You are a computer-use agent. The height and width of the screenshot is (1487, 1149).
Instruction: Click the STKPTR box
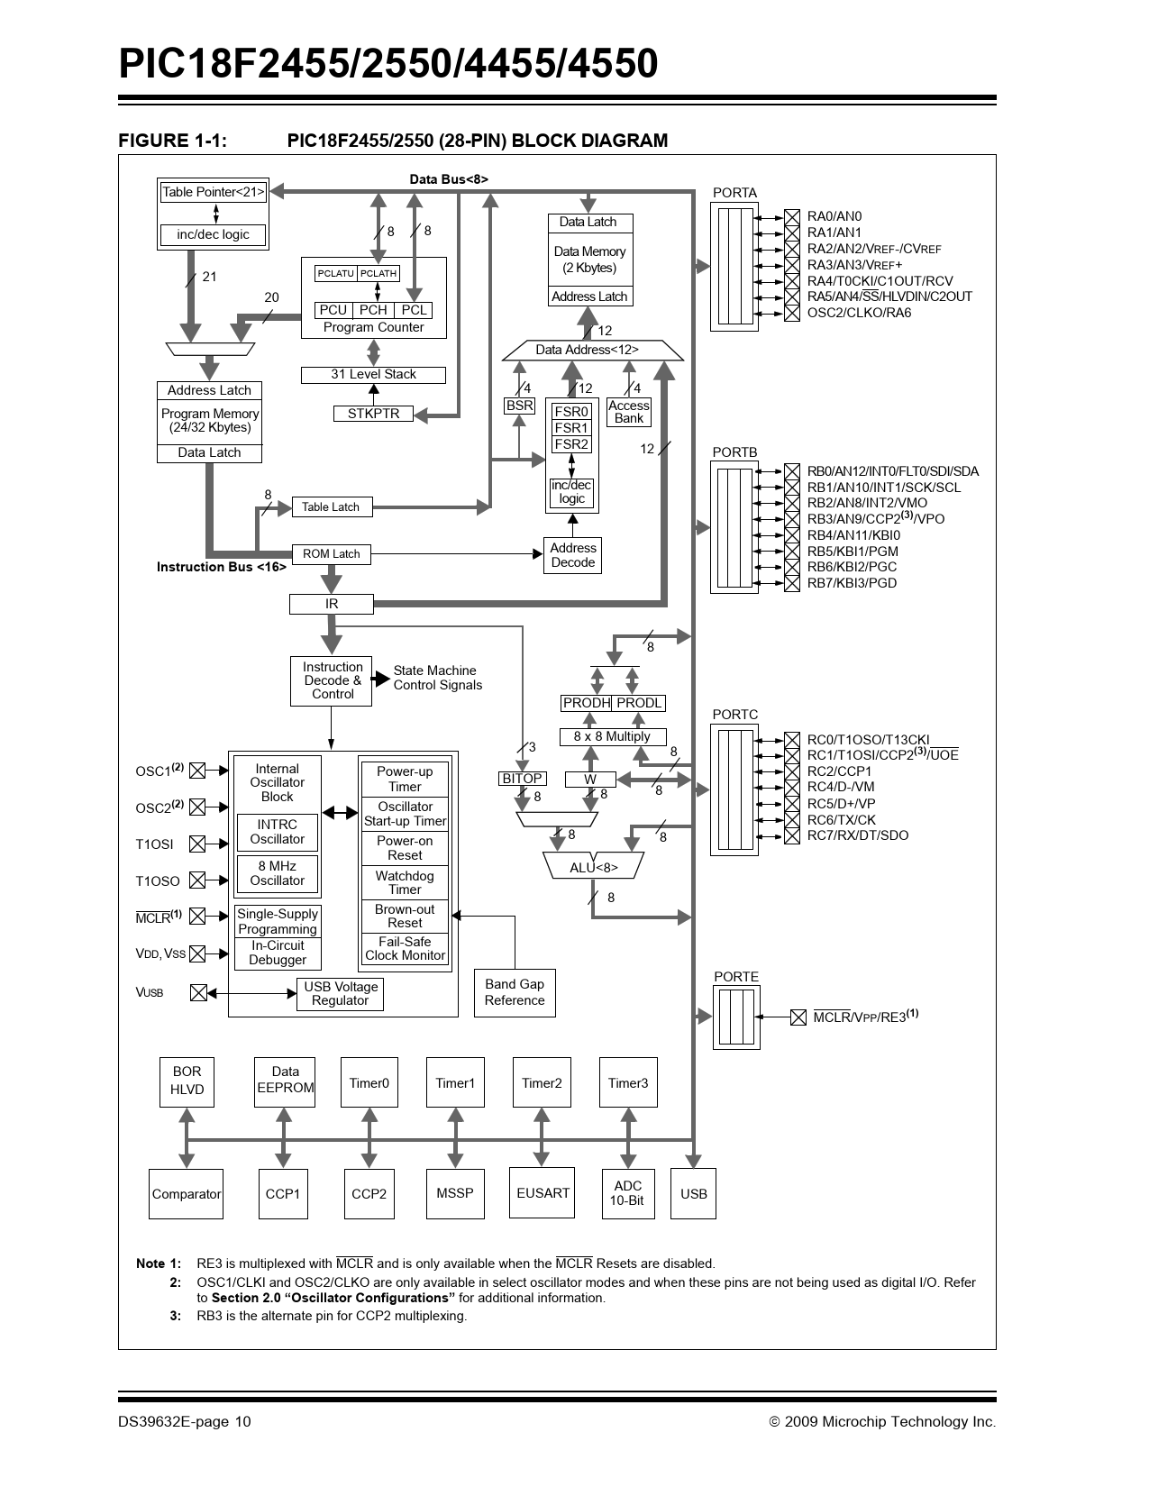pyautogui.click(x=373, y=414)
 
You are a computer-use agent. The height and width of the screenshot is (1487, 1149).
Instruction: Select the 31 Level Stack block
pyautogui.click(x=373, y=374)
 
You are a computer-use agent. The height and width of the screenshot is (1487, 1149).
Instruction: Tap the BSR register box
pyautogui.click(x=519, y=406)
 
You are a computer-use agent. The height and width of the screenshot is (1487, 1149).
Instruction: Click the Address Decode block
pyautogui.click(x=572, y=555)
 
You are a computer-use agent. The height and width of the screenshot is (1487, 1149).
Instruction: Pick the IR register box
pyautogui.click(x=331, y=604)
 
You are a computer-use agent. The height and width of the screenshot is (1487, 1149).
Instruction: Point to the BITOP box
pyautogui.click(x=522, y=779)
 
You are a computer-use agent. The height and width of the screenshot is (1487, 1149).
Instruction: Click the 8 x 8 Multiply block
pyautogui.click(x=612, y=736)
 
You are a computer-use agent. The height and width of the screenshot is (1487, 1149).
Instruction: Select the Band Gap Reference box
pyautogui.click(x=515, y=992)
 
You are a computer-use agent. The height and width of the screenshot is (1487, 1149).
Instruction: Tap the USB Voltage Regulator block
pyautogui.click(x=341, y=994)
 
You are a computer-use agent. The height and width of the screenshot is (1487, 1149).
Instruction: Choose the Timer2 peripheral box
pyautogui.click(x=542, y=1082)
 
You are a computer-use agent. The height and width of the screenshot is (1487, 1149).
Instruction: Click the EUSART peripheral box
pyautogui.click(x=543, y=1193)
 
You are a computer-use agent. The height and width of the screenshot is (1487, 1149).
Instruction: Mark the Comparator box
pyautogui.click(x=186, y=1194)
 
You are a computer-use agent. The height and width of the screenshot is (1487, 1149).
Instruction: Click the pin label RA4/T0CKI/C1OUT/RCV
pyautogui.click(x=880, y=281)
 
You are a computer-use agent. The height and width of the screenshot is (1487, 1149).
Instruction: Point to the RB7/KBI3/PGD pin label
pyautogui.click(x=852, y=583)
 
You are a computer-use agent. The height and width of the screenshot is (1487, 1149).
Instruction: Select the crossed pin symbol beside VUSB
pyautogui.click(x=198, y=993)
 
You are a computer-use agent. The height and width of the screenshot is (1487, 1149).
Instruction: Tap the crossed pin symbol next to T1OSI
pyautogui.click(x=197, y=844)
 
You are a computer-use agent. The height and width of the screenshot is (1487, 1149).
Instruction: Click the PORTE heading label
pyautogui.click(x=736, y=977)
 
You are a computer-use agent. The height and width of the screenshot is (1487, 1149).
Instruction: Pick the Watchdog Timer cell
pyautogui.click(x=405, y=882)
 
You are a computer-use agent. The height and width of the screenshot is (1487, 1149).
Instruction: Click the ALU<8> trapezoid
pyautogui.click(x=594, y=867)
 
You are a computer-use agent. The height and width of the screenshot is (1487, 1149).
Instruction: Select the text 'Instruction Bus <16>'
pyautogui.click(x=222, y=567)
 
